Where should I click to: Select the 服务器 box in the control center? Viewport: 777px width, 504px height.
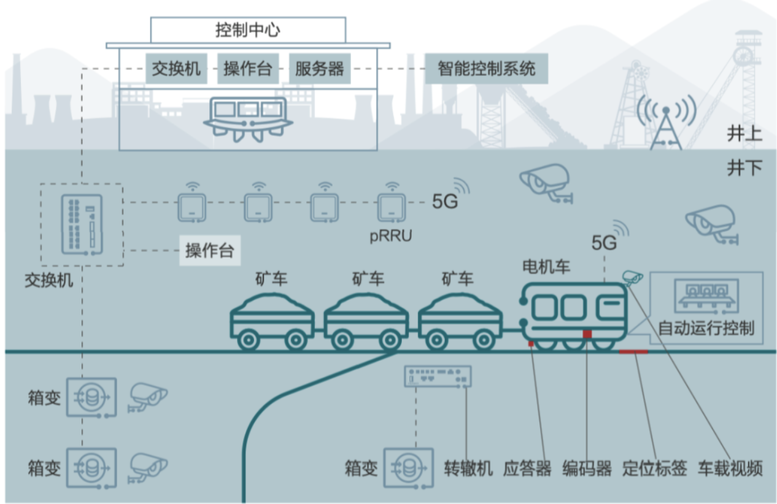(x=319, y=68)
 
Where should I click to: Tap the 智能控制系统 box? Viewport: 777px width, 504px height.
(x=486, y=68)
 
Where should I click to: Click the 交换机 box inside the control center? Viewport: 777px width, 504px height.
(x=177, y=68)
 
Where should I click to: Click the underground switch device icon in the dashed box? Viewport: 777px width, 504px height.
(x=82, y=224)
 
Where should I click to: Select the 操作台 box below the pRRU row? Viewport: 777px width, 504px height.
(x=210, y=251)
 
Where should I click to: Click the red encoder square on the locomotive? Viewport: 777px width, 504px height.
(x=587, y=334)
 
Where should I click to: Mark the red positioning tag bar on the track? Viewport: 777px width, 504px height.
(x=633, y=351)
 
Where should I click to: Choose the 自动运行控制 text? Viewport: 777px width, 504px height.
(x=706, y=328)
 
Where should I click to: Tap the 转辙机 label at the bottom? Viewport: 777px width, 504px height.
(x=468, y=469)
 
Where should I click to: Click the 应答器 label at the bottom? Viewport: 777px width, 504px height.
(x=527, y=469)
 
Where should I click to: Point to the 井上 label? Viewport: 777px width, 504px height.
(x=744, y=134)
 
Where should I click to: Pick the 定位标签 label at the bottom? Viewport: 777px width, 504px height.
(x=654, y=469)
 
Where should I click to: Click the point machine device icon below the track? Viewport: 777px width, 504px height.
(x=438, y=376)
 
